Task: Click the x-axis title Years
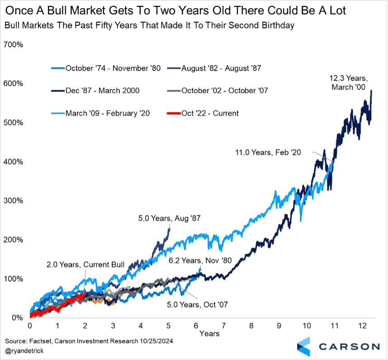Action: (x=209, y=334)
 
